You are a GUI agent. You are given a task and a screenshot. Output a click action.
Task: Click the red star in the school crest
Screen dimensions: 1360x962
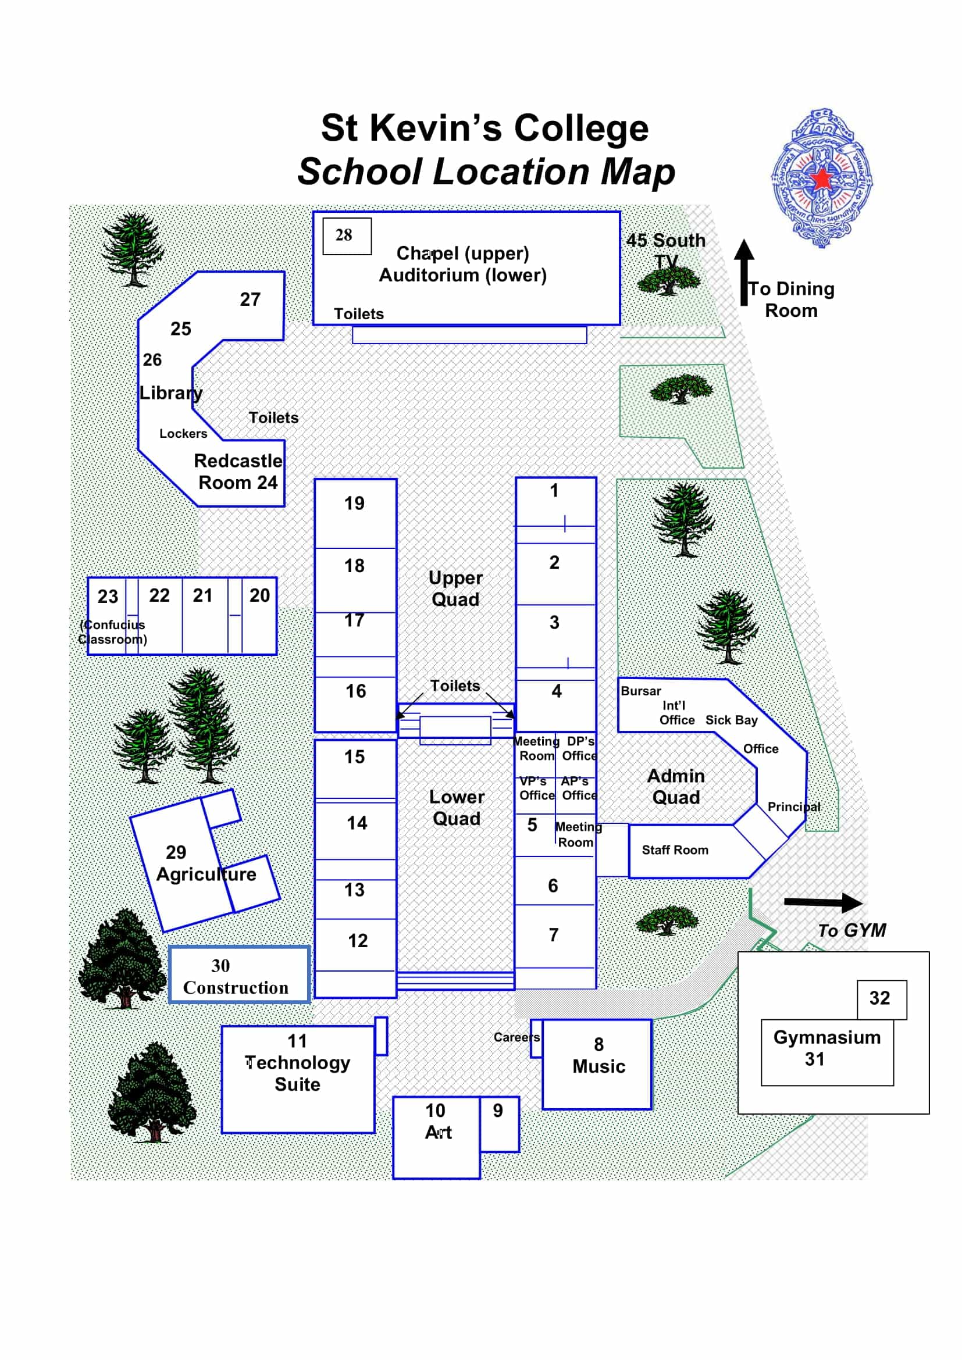coord(822,179)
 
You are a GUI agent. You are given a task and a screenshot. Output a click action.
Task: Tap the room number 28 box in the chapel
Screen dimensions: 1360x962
coord(347,235)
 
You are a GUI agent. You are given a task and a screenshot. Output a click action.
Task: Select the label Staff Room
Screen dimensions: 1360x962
coord(675,850)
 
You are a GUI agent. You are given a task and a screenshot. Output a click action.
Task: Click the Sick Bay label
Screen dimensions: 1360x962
coord(731,720)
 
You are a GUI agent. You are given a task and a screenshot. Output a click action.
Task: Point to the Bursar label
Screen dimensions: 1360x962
coord(640,691)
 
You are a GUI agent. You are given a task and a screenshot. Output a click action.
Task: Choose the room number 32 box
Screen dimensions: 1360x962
coord(881,998)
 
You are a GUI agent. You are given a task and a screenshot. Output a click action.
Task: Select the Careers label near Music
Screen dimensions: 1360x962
coord(516,1037)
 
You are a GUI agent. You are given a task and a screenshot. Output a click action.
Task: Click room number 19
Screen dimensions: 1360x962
coord(354,504)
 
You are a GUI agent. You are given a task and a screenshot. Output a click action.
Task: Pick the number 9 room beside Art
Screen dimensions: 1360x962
coord(498,1111)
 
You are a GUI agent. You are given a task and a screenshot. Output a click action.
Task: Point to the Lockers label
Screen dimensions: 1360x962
coord(183,434)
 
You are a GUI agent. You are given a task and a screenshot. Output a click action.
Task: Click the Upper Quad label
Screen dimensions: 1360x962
coord(455,588)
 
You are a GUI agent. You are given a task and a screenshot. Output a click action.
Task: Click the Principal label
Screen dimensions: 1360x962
coord(794,807)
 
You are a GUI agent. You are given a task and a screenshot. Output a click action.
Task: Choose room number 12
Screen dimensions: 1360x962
coord(357,941)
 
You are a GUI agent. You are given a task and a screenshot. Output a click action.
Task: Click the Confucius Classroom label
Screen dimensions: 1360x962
coord(113,632)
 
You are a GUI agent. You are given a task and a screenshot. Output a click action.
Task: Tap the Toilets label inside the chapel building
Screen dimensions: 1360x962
coord(358,314)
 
